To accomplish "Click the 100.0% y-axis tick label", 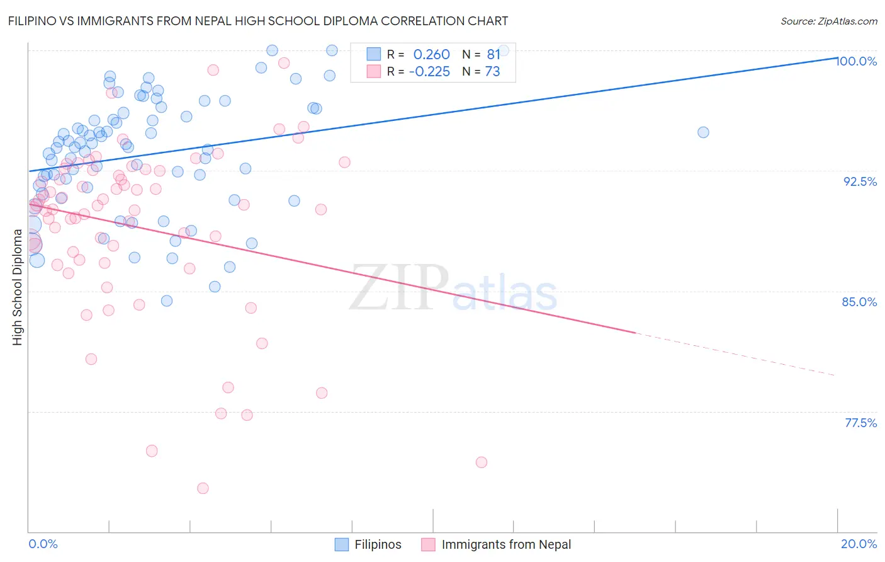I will (x=856, y=61).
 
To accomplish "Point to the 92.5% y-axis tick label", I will (x=860, y=181).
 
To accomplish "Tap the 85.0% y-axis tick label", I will (x=859, y=302).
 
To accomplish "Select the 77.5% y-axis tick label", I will (x=860, y=423).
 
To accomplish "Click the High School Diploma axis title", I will (x=18, y=287).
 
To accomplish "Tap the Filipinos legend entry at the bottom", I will (x=377, y=545).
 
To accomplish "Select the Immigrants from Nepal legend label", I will (x=506, y=545).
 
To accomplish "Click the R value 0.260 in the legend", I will (x=431, y=55).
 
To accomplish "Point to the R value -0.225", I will (x=429, y=72).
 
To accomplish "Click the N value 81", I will (x=493, y=55).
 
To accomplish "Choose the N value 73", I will (x=492, y=72).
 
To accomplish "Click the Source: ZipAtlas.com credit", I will (x=828, y=21).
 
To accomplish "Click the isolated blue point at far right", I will (x=703, y=132).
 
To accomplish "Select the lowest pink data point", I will (x=203, y=488).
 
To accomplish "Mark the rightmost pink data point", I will (x=482, y=462).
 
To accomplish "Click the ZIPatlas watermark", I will (x=453, y=288).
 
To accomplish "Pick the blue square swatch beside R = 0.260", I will (x=374, y=54).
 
